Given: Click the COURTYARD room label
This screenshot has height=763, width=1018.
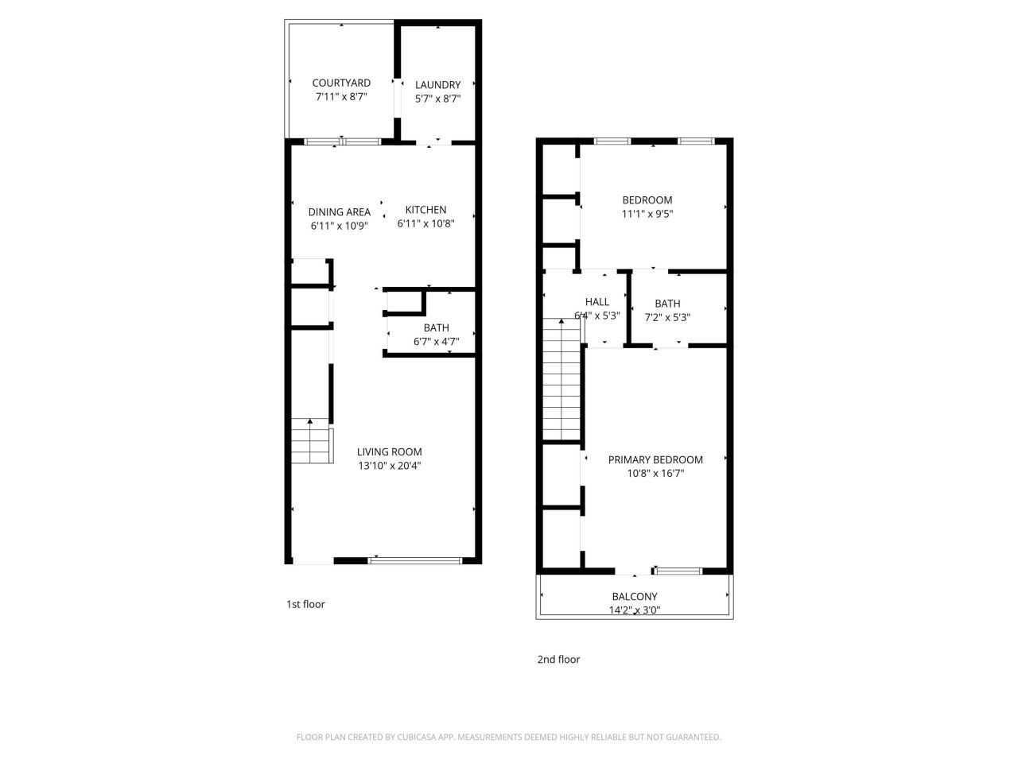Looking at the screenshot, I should click(341, 83).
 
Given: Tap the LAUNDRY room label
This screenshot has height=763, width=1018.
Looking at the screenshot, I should click(437, 85).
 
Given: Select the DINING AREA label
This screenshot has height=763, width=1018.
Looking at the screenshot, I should click(340, 212).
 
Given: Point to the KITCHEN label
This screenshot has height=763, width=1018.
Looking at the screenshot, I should click(426, 210).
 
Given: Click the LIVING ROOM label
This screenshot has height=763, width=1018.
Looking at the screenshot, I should click(389, 452).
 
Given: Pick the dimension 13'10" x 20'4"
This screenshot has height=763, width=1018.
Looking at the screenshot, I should click(389, 466).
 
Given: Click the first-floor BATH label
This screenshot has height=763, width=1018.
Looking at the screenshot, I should click(436, 327).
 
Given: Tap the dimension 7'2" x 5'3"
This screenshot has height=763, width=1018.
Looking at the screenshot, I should click(667, 316).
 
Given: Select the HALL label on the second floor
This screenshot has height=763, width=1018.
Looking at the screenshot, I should click(597, 302).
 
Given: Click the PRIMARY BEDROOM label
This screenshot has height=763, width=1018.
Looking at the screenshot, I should click(655, 459).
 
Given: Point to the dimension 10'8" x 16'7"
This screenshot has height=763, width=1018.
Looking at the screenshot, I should click(655, 473).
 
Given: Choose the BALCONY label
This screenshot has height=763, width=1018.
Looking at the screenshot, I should click(635, 597).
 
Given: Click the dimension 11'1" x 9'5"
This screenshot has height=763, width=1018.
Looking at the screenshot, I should click(647, 213).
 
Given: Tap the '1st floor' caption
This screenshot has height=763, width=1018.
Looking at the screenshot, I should click(305, 604).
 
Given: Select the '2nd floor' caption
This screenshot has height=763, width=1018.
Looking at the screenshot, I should click(558, 660).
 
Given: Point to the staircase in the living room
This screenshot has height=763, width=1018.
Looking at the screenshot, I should click(311, 441).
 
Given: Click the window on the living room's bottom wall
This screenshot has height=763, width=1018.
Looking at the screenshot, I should click(414, 561).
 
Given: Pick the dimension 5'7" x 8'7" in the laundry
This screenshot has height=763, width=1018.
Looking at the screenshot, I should click(437, 99).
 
